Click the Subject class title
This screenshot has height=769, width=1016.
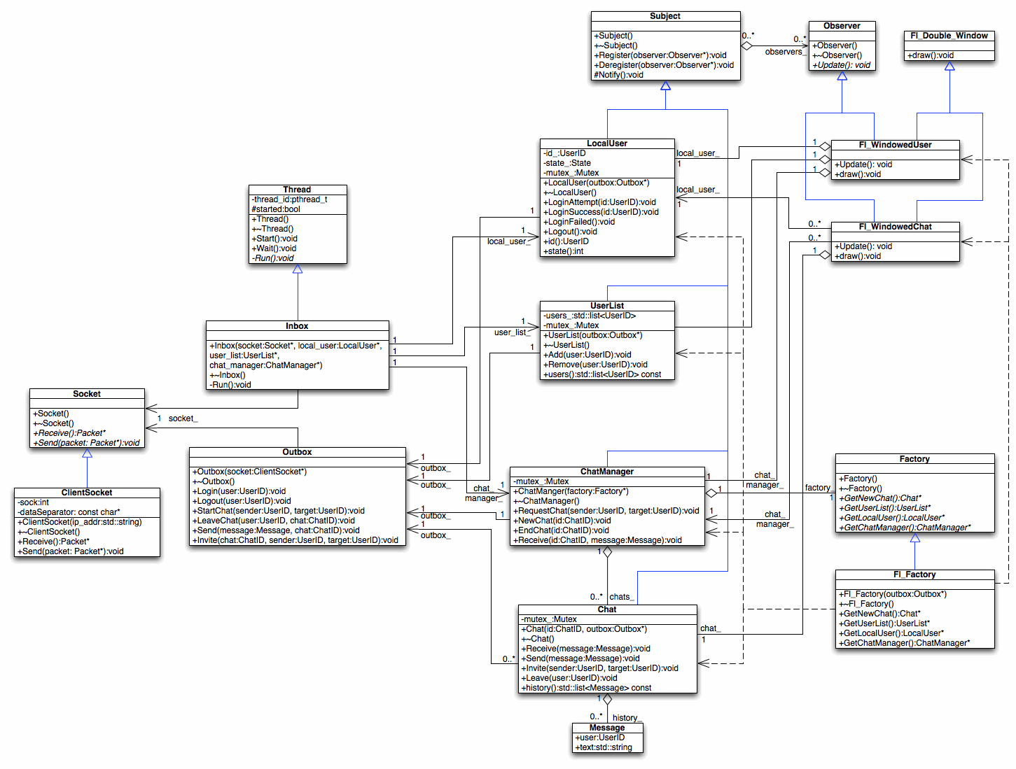pyautogui.click(x=664, y=16)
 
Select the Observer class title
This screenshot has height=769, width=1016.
pyautogui.click(x=842, y=26)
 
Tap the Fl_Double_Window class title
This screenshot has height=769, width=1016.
pyautogui.click(x=949, y=36)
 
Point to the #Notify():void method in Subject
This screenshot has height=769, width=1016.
pyautogui.click(x=618, y=75)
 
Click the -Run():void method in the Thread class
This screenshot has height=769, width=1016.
pyautogui.click(x=272, y=258)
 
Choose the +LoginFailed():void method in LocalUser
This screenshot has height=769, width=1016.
pyautogui.click(x=579, y=222)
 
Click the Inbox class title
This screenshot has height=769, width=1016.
pyautogui.click(x=297, y=326)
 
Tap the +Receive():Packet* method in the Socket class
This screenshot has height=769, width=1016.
pyautogui.click(x=69, y=433)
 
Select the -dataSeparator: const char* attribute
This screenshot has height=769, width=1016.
pyautogui.click(x=69, y=512)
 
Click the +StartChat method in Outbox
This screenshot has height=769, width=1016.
pyautogui.click(x=278, y=511)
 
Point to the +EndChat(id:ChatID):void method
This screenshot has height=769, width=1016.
pyautogui.click(x=561, y=530)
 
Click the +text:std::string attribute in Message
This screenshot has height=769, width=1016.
pyautogui.click(x=603, y=747)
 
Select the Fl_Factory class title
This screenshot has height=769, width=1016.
pyautogui.click(x=914, y=574)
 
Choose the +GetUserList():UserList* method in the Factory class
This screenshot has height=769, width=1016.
pyautogui.click(x=884, y=508)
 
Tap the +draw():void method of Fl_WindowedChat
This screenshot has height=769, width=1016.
pyautogui.click(x=857, y=256)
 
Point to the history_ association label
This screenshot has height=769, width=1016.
pyautogui.click(x=627, y=718)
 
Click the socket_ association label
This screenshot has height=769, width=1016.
pyautogui.click(x=183, y=418)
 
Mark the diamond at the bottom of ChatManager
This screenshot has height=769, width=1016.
pyautogui.click(x=607, y=551)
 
